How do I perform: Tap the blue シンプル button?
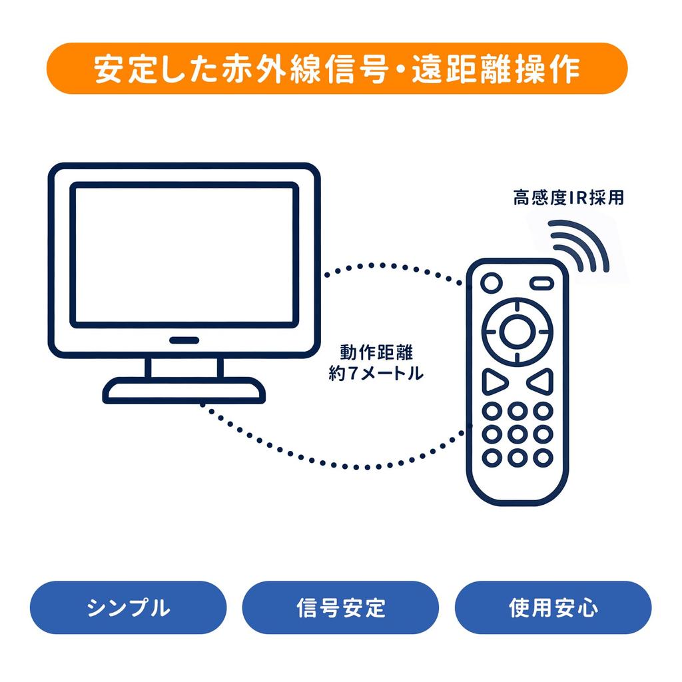pyautogui.click(x=129, y=607)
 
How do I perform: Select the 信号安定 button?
pyautogui.click(x=340, y=607)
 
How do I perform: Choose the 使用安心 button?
pyautogui.click(x=553, y=607)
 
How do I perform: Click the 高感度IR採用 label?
pyautogui.click(x=568, y=198)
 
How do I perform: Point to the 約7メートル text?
pyautogui.click(x=376, y=374)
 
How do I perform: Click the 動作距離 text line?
pyautogui.click(x=376, y=352)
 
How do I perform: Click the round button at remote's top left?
pyautogui.click(x=491, y=283)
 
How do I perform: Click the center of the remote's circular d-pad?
pyautogui.click(x=517, y=330)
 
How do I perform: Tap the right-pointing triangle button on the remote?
pyautogui.click(x=494, y=382)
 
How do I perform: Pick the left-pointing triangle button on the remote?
pyautogui.click(x=541, y=382)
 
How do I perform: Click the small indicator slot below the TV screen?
pyautogui.click(x=184, y=340)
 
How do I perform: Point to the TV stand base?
pyautogui.click(x=184, y=391)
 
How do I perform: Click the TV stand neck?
pyautogui.click(x=184, y=368)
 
